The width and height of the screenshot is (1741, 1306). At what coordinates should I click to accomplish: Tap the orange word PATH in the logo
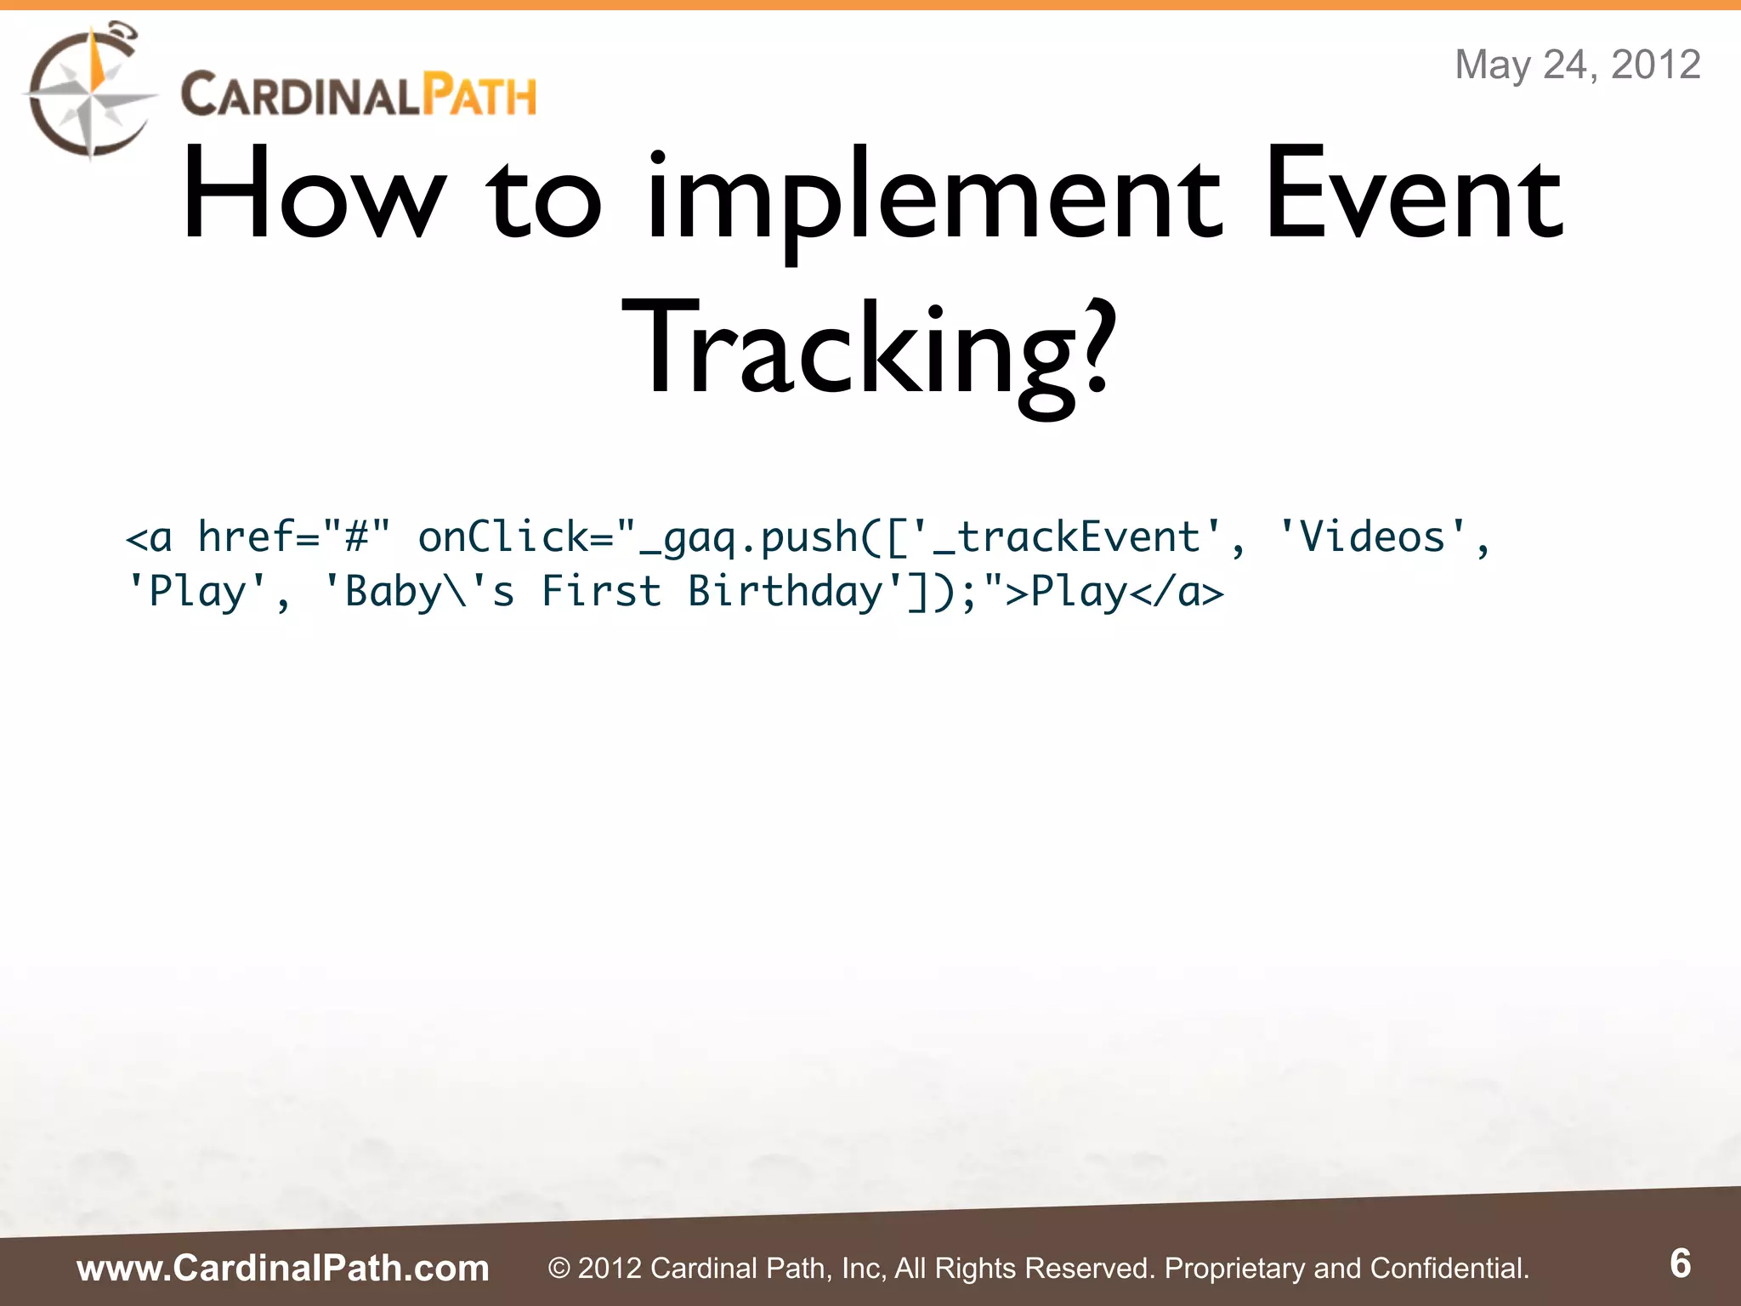[x=479, y=94]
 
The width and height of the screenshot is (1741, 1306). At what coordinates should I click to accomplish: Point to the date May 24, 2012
[x=1577, y=65]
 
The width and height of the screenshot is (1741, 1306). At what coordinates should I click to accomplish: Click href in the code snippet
[x=245, y=537]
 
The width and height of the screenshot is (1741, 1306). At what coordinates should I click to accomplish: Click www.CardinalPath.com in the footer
[x=283, y=1268]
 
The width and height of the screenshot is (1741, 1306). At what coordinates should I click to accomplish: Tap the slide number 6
[x=1680, y=1263]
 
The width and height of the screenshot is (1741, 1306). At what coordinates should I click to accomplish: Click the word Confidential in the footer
[x=1449, y=1268]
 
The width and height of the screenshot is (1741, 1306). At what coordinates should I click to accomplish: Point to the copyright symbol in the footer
[x=559, y=1269]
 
